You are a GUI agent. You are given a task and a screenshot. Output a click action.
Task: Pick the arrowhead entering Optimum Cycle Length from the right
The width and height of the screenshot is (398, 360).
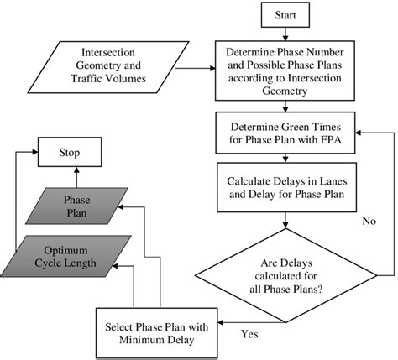click(118, 264)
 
